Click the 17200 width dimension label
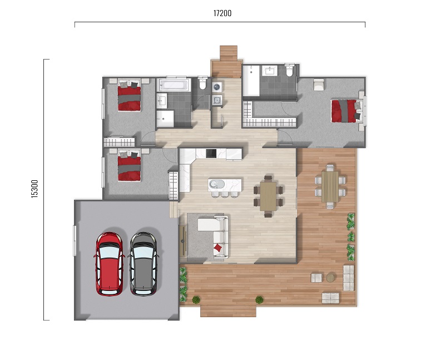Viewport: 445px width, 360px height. (x=222, y=13)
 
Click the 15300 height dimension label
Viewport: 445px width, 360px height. (x=34, y=189)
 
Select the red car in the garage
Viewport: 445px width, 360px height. (x=110, y=264)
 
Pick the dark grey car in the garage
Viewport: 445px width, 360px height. (x=144, y=264)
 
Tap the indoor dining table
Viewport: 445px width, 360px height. (x=268, y=196)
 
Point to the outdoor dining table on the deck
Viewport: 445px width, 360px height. (x=330, y=186)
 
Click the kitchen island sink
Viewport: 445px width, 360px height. (x=216, y=185)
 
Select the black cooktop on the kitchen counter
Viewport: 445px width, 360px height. (x=211, y=154)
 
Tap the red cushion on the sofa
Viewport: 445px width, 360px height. (x=217, y=248)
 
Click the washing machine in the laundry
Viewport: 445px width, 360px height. (x=217, y=87)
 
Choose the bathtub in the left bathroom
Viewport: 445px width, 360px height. (x=174, y=85)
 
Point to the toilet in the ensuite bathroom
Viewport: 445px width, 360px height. (x=289, y=71)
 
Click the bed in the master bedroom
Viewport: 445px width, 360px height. (x=347, y=111)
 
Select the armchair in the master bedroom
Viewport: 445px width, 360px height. (x=318, y=85)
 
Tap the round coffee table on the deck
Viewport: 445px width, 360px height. (x=330, y=278)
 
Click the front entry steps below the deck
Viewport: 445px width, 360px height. (x=228, y=311)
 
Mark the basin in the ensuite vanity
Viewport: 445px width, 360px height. (x=269, y=71)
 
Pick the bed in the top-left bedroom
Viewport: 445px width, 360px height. (x=129, y=96)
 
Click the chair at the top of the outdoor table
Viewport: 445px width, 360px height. (x=330, y=168)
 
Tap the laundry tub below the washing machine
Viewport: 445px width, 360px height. (x=217, y=100)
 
